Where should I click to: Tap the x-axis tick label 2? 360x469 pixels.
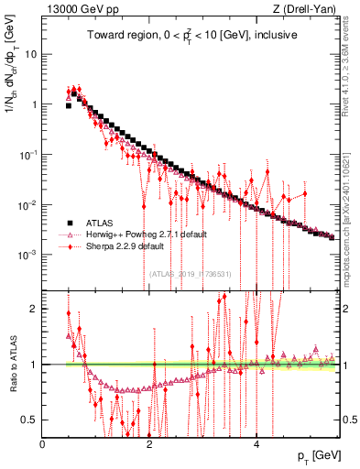click(149, 442)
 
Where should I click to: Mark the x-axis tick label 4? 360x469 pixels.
click(256, 442)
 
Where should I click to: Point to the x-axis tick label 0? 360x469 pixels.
click(43, 442)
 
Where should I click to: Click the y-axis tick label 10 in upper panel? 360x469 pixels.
click(30, 54)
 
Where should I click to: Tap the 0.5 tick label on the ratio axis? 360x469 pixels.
click(30, 420)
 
